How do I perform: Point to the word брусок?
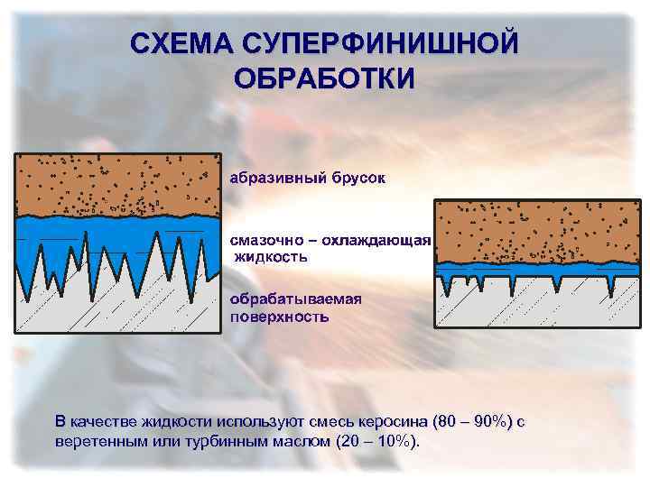356,178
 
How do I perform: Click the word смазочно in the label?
265,241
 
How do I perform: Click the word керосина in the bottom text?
395,421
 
